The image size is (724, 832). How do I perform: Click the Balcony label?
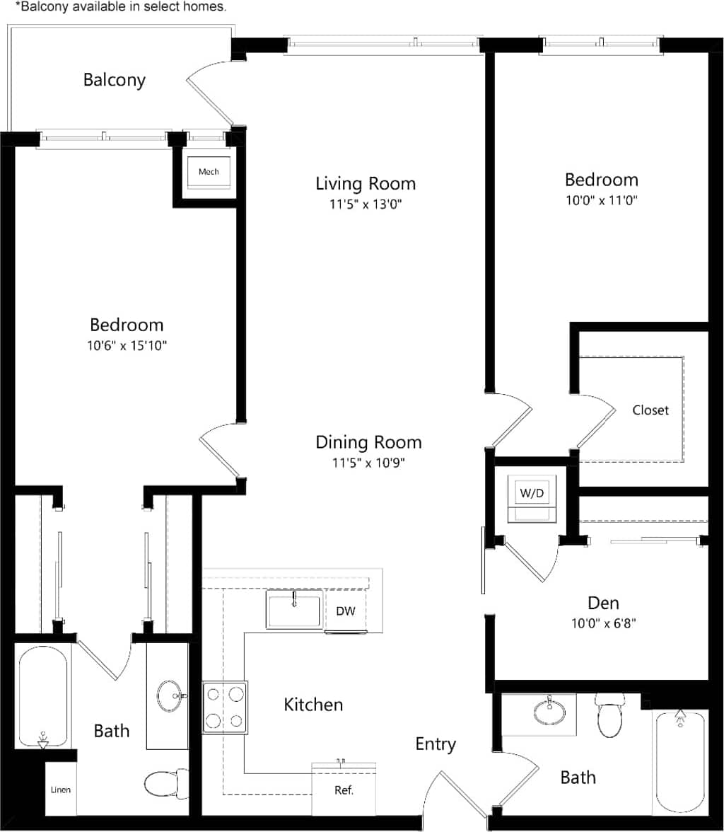point(115,79)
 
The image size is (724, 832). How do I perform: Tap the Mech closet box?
point(208,172)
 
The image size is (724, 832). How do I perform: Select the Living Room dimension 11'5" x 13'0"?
point(365,205)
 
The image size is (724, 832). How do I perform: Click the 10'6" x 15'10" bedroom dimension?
point(127,346)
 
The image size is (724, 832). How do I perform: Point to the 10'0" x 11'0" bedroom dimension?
point(601,200)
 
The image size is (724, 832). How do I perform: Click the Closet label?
point(650,410)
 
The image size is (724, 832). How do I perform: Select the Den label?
point(603,603)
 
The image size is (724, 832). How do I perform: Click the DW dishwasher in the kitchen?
point(345,611)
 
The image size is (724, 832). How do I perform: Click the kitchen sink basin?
point(294,611)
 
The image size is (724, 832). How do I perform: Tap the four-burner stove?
point(225,707)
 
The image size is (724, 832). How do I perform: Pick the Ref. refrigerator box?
point(344,790)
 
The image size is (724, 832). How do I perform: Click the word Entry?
point(435,744)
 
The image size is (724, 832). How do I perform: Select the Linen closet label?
point(61,790)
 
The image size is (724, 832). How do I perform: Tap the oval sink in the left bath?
point(169,695)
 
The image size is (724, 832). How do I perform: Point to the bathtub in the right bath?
point(680,761)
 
